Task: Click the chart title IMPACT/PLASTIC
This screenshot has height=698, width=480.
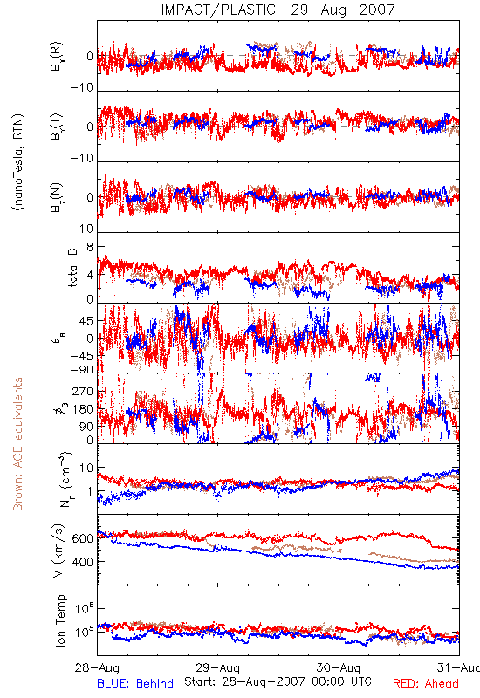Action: pyautogui.click(x=218, y=10)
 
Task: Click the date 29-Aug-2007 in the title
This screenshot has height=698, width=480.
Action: pyautogui.click(x=343, y=10)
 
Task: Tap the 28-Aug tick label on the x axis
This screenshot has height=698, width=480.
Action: pyautogui.click(x=98, y=667)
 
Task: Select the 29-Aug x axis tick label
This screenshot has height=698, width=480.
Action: pyautogui.click(x=217, y=667)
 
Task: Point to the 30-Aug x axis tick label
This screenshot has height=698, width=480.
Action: pyautogui.click(x=339, y=667)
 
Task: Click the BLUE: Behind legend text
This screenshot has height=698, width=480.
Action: pyautogui.click(x=135, y=684)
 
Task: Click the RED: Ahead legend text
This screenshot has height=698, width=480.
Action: pyautogui.click(x=426, y=684)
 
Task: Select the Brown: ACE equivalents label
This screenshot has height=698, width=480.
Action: pyautogui.click(x=17, y=444)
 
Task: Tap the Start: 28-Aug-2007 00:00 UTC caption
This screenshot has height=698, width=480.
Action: pyautogui.click(x=278, y=681)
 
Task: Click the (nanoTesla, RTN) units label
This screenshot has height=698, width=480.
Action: pyautogui.click(x=18, y=162)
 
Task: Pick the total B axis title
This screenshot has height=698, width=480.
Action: pyautogui.click(x=72, y=268)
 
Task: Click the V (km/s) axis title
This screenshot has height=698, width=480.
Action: pyautogui.click(x=58, y=551)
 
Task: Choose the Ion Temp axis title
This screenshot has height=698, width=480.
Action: pyautogui.click(x=60, y=620)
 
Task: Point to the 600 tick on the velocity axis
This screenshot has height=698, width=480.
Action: pyautogui.click(x=82, y=538)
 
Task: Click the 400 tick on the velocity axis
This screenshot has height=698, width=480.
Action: pyautogui.click(x=82, y=562)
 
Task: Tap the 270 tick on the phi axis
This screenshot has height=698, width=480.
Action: pyautogui.click(x=83, y=392)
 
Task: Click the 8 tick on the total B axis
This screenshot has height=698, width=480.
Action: pyautogui.click(x=90, y=248)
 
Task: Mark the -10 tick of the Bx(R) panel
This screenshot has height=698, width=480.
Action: pyautogui.click(x=81, y=87)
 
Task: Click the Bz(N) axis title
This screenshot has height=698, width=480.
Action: pyautogui.click(x=57, y=197)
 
